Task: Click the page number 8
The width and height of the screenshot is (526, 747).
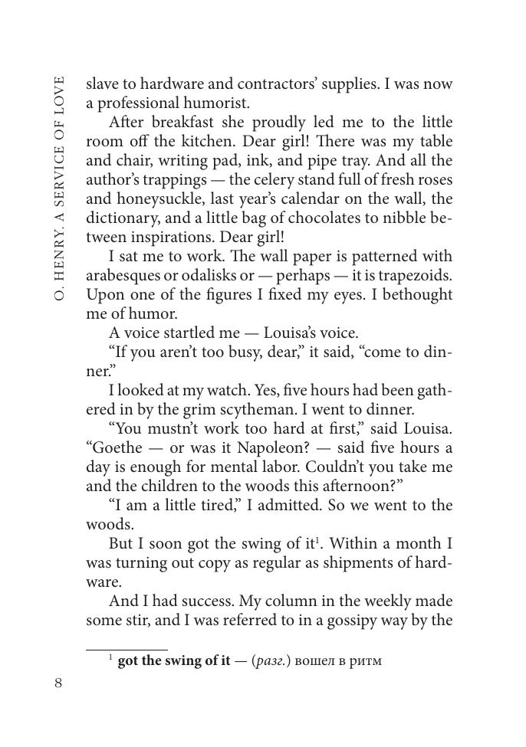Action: tap(58, 683)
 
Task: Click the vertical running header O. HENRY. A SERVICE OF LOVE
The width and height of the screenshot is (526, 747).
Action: tap(59, 187)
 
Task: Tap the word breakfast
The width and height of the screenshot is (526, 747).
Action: tap(185, 123)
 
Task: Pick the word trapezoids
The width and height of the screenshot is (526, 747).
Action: tap(413, 276)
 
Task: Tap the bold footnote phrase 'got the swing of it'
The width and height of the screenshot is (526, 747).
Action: tap(174, 660)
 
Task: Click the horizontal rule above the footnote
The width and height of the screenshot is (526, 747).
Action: tap(127, 650)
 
